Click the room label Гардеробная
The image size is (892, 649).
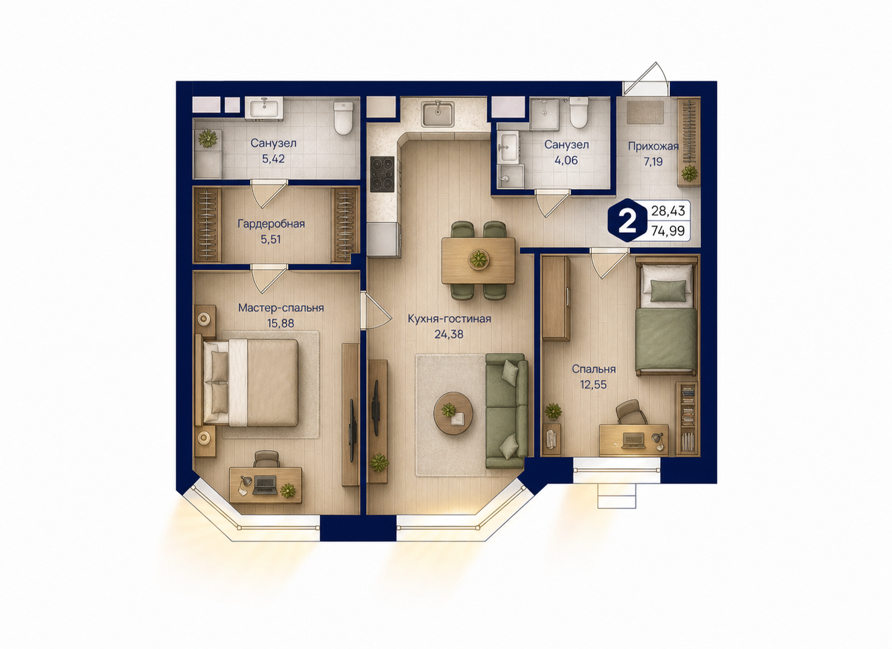(x=271, y=224)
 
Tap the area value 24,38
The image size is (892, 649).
(x=449, y=334)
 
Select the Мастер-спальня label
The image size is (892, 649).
(x=281, y=308)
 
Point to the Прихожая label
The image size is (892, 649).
(x=653, y=147)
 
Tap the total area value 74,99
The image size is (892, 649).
(x=668, y=231)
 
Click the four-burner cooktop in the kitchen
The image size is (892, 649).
(x=382, y=174)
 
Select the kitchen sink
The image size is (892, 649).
(x=438, y=114)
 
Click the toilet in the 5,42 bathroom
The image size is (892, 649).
(x=343, y=118)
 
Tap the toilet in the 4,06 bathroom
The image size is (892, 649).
(x=579, y=113)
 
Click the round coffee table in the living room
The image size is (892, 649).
(x=453, y=413)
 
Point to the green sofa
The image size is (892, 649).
(x=507, y=411)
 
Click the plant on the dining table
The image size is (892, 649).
(x=479, y=259)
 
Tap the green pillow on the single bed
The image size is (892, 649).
(x=669, y=290)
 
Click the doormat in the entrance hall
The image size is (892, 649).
(x=646, y=112)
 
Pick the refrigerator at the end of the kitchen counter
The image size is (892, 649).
(x=382, y=239)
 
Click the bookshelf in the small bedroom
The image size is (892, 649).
(x=686, y=419)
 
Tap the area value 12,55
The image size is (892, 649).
(x=593, y=385)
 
